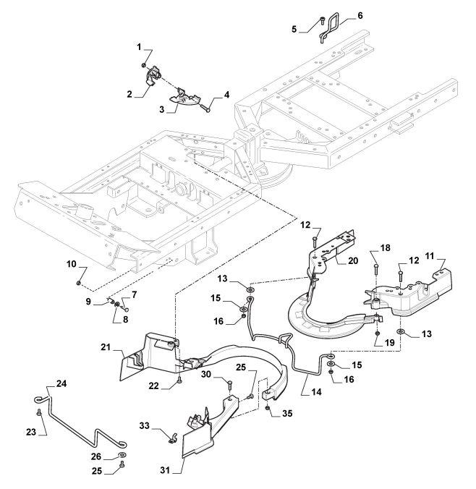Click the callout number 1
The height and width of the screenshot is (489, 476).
140,46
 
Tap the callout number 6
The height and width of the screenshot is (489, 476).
360,15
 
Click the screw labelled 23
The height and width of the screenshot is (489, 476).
38,413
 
